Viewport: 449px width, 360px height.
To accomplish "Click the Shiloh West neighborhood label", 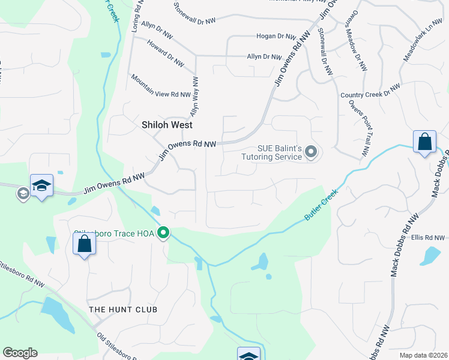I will [167, 125].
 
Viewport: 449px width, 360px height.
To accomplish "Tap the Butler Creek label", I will [321, 205].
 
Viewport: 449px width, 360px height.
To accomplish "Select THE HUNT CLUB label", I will [123, 310].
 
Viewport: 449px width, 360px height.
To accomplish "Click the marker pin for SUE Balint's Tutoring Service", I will [310, 152].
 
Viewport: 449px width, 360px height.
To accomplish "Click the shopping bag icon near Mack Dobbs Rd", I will [424, 143].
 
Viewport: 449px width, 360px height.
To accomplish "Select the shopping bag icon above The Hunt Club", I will [84, 244].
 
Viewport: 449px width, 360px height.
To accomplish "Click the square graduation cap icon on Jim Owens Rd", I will [42, 185].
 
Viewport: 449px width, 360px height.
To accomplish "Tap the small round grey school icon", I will [23, 193].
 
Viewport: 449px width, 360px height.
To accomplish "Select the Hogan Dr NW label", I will [277, 37].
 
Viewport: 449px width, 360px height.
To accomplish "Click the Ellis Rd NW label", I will [427, 238].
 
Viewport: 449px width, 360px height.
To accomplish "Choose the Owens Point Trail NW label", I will [358, 129].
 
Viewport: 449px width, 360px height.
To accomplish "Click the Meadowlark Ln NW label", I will [423, 42].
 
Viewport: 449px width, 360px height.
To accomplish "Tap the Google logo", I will [20, 353].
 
